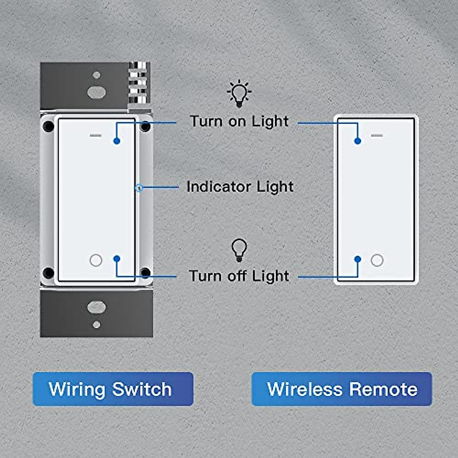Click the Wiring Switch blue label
click(113, 389)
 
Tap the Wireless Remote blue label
click(342, 389)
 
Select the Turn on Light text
click(239, 121)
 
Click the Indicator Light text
click(240, 187)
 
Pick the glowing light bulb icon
click(239, 94)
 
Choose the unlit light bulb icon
click(239, 250)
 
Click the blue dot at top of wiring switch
click(117, 141)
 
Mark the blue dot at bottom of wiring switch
click(117, 259)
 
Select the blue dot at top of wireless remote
click(358, 141)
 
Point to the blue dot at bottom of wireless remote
click(358, 259)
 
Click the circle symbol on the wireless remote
click(377, 260)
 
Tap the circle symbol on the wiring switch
click(96, 260)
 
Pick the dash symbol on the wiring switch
click(96, 135)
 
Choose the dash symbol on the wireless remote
click(377, 135)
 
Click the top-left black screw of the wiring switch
click(48, 126)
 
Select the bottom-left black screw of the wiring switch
click(48, 273)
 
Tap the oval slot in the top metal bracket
click(96, 92)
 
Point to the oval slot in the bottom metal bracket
click(96, 307)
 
